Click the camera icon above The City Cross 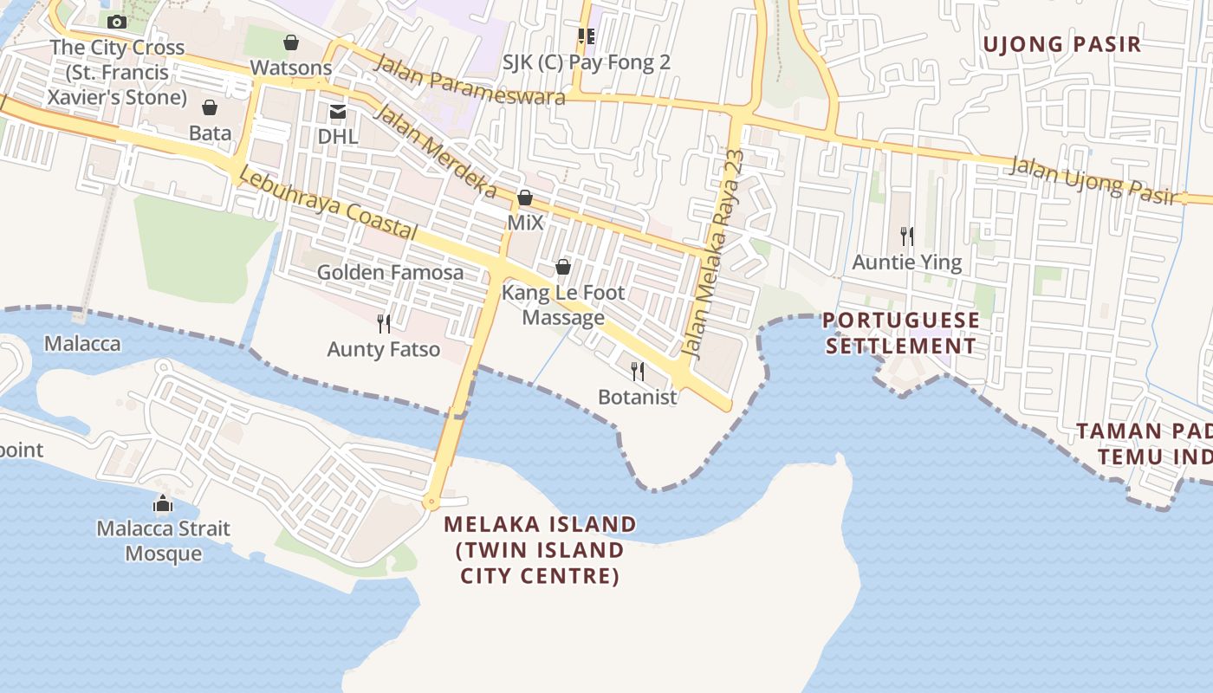coord(117,22)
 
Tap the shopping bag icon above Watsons coord(291,42)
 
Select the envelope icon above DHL coord(337,112)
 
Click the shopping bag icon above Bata coord(210,107)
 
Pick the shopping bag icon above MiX coord(524,198)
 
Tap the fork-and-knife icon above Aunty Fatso coord(384,324)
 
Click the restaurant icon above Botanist coord(638,372)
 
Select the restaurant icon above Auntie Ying coord(907,236)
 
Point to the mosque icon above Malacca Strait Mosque coord(163,503)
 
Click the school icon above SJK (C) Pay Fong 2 coord(587,36)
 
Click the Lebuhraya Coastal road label coord(328,203)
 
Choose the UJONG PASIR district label coord(1062,44)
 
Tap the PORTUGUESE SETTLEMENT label coord(901,333)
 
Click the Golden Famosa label coord(390,272)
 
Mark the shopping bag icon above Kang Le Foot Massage coord(563,267)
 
